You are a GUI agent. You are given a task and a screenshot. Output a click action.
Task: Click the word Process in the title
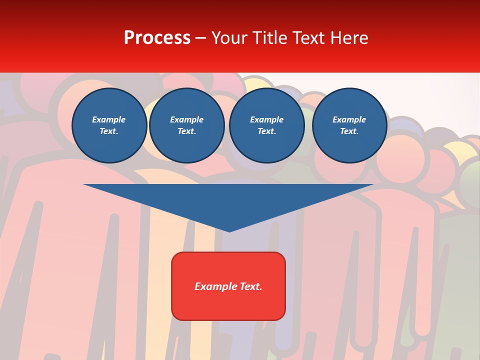coord(157,38)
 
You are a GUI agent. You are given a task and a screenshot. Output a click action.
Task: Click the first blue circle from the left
coord(109,125)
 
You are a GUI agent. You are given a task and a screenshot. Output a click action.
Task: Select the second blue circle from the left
coord(187,125)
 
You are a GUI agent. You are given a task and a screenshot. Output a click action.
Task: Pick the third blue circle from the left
coord(267,125)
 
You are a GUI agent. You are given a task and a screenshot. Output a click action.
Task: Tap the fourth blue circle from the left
coord(349,125)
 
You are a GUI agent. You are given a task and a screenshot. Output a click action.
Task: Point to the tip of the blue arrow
coord(229,230)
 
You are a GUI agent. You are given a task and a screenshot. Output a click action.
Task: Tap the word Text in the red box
coord(251,286)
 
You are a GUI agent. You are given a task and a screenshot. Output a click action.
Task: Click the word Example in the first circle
coord(109,120)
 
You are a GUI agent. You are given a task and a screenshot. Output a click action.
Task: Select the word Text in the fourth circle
coord(348,131)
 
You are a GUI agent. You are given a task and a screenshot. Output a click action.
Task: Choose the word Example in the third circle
coord(266,120)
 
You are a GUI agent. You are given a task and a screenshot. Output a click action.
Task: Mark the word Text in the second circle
coord(186,131)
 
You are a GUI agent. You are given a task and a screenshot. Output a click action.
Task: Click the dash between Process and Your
coord(201,38)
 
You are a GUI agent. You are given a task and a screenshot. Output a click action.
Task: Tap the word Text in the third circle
coord(266,131)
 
